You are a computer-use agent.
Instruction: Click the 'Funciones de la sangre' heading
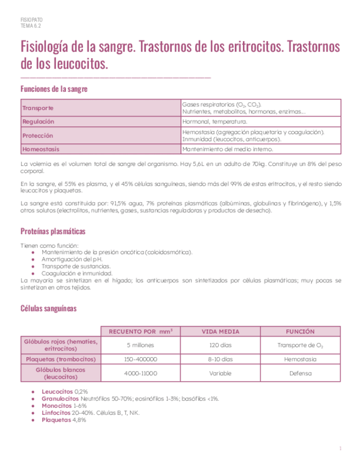pos(53,88)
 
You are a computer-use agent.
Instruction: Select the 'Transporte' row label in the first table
pos(38,108)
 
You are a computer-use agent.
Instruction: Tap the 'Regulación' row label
pos(38,121)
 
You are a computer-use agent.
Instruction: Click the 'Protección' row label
pos(38,135)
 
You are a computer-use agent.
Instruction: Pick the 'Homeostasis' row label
pos(41,149)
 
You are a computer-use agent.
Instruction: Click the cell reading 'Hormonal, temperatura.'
pos(215,121)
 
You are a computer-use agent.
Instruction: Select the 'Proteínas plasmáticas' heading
pos(53,231)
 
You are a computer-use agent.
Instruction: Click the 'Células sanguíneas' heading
pos(48,308)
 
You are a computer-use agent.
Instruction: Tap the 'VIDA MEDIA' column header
pos(220,332)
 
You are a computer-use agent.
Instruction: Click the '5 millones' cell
pos(141,345)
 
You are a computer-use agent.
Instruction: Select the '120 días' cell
pos(220,345)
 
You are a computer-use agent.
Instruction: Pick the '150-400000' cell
pos(141,359)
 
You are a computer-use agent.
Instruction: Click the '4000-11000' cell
pos(141,373)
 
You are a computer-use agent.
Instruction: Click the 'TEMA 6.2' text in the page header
pos(31,25)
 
